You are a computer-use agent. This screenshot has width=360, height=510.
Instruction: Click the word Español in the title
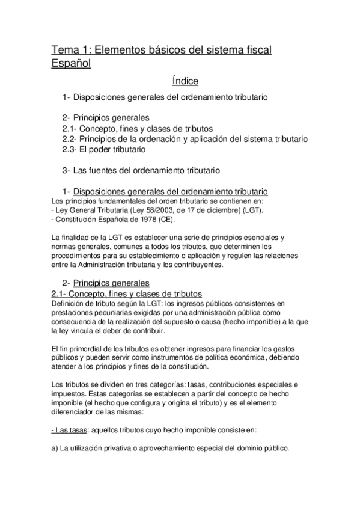70,63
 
